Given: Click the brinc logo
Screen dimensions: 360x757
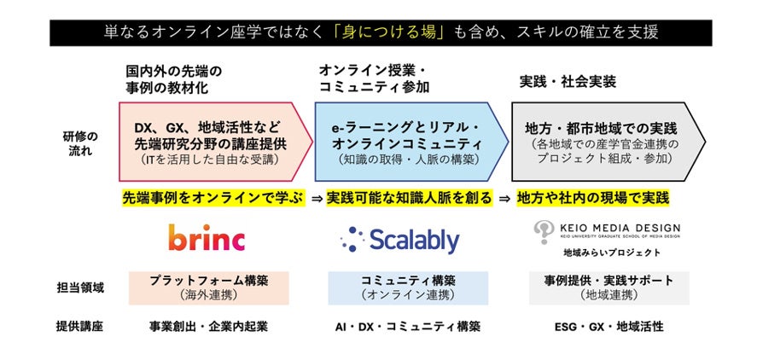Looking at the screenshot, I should pos(206,238).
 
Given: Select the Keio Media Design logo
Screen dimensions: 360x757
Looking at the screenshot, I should pos(607,231).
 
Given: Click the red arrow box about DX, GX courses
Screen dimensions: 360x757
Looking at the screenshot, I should pos(213,142).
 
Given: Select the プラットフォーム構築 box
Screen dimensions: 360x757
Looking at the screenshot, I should pos(208,287).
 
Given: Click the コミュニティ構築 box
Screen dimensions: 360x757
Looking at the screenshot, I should pos(408,287).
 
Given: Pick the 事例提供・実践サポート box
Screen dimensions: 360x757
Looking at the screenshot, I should pos(609,287).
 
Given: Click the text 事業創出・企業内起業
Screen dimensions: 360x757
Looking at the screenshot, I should pos(208,326).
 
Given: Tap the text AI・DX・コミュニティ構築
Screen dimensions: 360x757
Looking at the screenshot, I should pos(408,326).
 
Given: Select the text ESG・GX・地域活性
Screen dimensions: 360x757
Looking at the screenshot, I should pos(609,326).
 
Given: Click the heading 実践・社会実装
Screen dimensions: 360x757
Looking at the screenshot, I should pos(567,82).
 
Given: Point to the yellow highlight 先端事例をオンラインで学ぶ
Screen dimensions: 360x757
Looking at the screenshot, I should pos(213,198).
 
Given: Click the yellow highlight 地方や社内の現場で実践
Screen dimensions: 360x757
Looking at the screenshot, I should pos(593,198).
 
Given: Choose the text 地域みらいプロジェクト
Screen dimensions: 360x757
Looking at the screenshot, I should pos(611,253).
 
